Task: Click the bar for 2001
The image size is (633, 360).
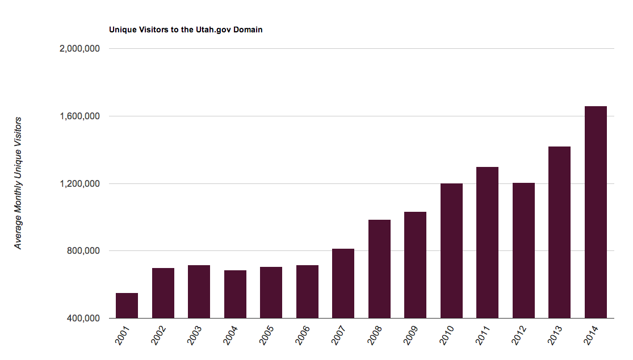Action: (x=127, y=305)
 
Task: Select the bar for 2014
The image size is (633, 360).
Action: (x=596, y=212)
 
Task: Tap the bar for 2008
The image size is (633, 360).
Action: (x=379, y=269)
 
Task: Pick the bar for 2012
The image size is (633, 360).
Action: (x=523, y=250)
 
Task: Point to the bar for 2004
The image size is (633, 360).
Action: (x=236, y=294)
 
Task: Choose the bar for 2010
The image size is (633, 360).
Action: (x=451, y=251)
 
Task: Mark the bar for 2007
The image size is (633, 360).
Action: (x=343, y=284)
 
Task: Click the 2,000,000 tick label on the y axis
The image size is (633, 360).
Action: (x=79, y=48)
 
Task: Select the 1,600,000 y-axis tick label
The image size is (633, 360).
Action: (x=79, y=116)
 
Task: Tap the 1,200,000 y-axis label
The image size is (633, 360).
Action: (x=79, y=183)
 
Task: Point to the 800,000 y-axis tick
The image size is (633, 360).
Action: (x=83, y=250)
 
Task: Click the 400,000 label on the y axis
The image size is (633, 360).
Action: (x=83, y=319)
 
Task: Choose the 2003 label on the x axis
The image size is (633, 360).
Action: (x=195, y=336)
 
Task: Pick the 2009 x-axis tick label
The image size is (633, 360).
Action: (x=411, y=336)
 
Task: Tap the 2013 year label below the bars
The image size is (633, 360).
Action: (x=555, y=336)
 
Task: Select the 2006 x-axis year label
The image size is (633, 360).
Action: (x=303, y=336)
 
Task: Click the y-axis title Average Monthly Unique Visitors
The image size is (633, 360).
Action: (x=18, y=183)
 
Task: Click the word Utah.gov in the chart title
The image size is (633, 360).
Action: (x=213, y=30)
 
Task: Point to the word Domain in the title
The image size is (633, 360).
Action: (x=248, y=30)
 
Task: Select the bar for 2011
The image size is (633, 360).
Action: (x=487, y=242)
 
